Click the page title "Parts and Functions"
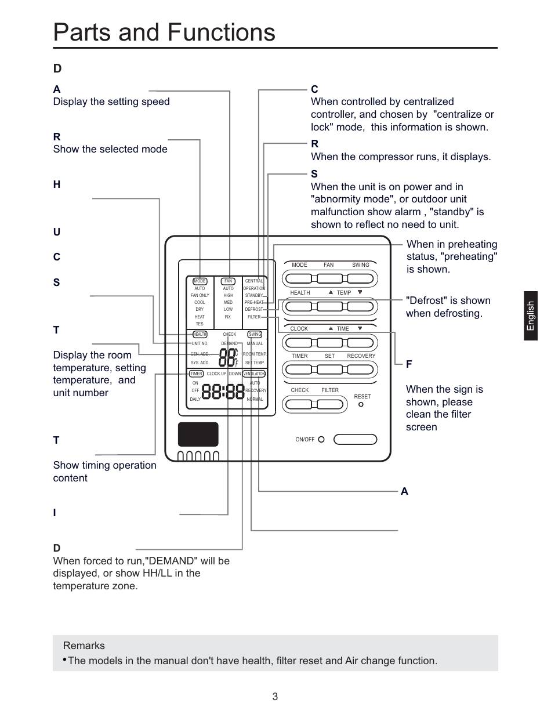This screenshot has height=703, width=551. [164, 32]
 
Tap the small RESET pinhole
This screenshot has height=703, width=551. [361, 404]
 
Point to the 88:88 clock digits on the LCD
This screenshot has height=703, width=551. [223, 392]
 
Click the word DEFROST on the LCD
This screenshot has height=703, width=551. [253, 310]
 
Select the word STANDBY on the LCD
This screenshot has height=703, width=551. [254, 296]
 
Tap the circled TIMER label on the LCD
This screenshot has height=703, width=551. [196, 374]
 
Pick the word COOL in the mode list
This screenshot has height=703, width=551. [200, 303]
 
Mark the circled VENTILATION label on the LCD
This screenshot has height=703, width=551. [254, 374]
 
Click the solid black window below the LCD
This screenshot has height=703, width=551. [198, 434]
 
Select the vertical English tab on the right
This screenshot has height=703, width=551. [531, 316]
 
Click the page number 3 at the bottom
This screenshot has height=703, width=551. [275, 697]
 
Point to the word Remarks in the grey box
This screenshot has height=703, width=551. [84, 646]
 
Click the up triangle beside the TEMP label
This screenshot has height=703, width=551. [331, 292]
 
